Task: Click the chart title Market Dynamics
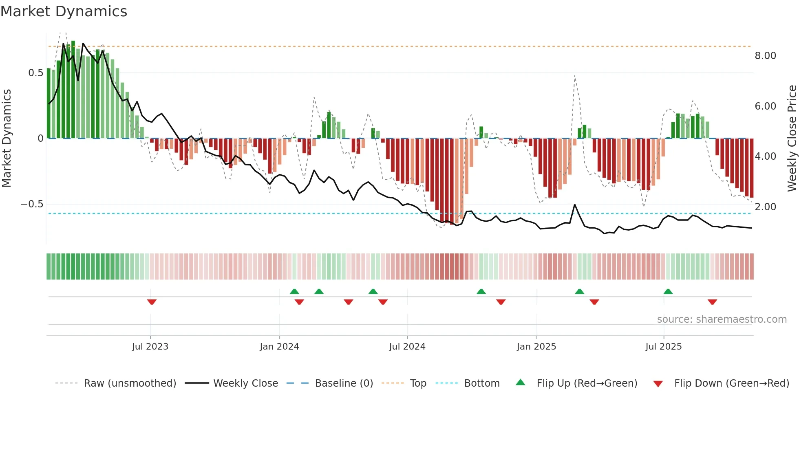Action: point(64,11)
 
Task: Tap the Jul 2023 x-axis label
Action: point(150,347)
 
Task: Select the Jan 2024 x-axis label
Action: point(279,347)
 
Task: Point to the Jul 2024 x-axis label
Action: point(407,347)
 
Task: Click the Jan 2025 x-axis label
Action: point(536,347)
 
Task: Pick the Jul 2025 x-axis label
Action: point(663,347)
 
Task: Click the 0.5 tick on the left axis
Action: point(36,73)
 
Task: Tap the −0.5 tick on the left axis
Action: point(32,204)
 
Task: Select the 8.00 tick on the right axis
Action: point(765,56)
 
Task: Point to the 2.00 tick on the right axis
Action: point(765,207)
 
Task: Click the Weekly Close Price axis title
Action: point(792,138)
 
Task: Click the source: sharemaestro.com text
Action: point(722,319)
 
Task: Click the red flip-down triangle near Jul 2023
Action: point(152,302)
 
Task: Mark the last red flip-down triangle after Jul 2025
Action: point(712,302)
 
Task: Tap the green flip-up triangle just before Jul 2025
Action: point(668,291)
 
